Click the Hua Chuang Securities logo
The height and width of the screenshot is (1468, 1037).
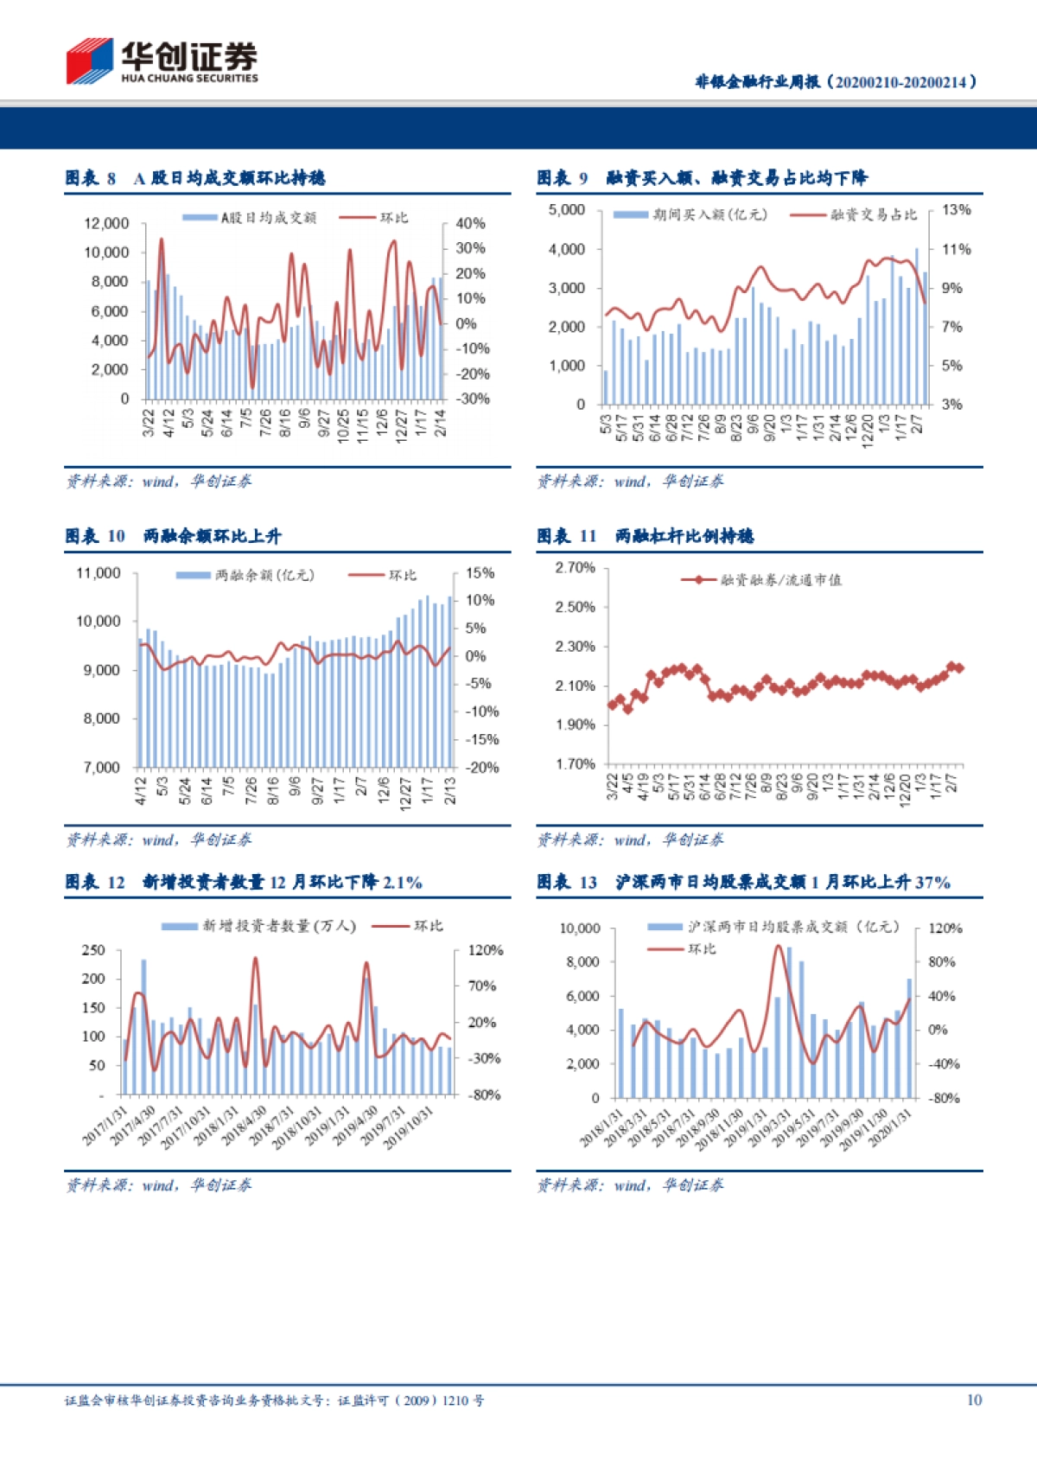pos(162,61)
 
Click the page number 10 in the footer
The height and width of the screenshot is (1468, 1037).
pos(974,1400)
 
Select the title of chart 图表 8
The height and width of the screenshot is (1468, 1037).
pos(195,178)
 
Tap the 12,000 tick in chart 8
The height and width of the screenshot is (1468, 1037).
pos(106,223)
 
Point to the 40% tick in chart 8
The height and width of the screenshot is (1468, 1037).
pos(470,223)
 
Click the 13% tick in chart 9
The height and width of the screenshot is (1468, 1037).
pos(956,210)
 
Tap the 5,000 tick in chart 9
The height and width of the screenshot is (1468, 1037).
pos(566,210)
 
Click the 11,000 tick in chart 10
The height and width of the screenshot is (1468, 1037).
pos(99,573)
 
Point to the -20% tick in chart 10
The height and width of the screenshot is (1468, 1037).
pos(482,767)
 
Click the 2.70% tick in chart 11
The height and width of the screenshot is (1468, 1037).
pos(575,567)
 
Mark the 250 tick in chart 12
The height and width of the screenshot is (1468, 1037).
pos(93,950)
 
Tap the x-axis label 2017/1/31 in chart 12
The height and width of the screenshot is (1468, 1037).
pos(105,1126)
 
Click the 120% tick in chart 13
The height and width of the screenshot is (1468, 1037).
pos(945,929)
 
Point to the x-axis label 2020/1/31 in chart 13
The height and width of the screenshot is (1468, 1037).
pos(890,1127)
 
